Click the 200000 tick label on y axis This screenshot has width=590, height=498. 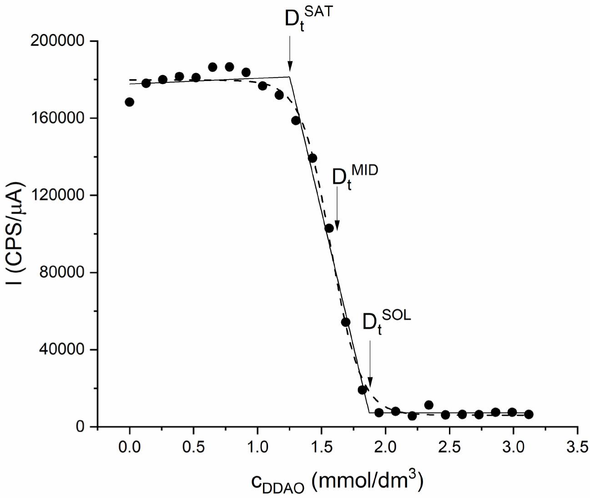pos(57,41)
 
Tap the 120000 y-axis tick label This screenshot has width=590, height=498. pos(57,195)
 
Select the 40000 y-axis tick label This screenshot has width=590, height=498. pos(62,349)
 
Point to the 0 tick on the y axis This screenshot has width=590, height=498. pos(80,427)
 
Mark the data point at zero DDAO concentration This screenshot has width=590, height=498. pos(129,102)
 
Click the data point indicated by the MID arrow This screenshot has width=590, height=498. pos(329,228)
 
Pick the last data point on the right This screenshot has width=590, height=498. pos(529,414)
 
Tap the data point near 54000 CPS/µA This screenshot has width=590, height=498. pos(346,322)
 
